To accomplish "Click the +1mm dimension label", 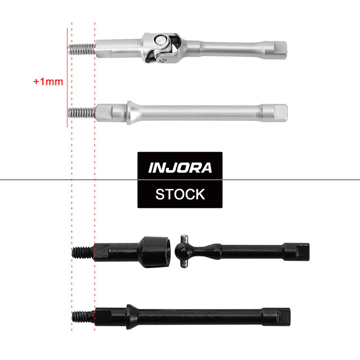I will pos(48,82).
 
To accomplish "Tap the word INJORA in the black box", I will pos(180,168).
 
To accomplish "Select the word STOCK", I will pos(180,194).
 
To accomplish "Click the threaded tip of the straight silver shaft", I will pos(81,112).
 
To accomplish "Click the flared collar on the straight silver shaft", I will pos(130,112).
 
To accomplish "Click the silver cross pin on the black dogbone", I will pos(183,251).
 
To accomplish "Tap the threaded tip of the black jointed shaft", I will pos(83,252).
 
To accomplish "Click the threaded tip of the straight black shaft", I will pos(83,316).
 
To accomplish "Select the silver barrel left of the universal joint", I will pos(118,46).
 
